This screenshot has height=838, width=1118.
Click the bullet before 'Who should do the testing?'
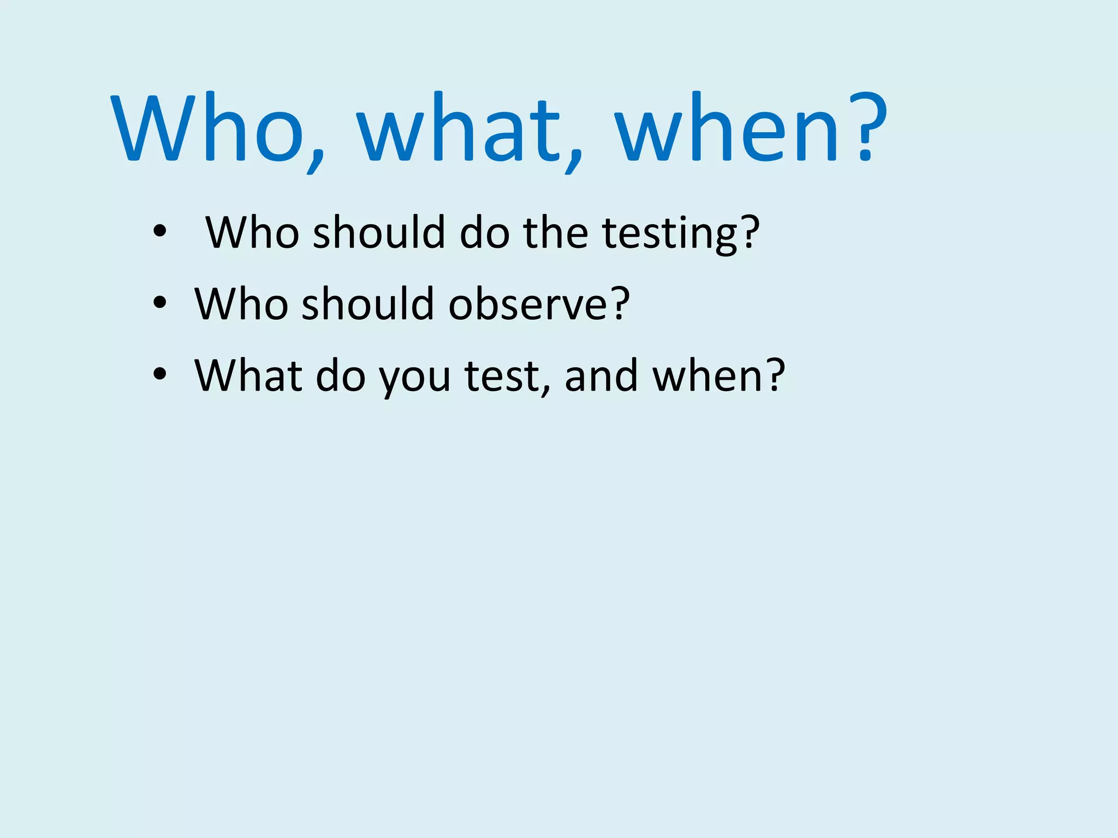tap(159, 231)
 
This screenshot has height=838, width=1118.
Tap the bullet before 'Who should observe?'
tap(159, 302)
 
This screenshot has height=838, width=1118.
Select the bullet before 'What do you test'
tap(159, 374)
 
